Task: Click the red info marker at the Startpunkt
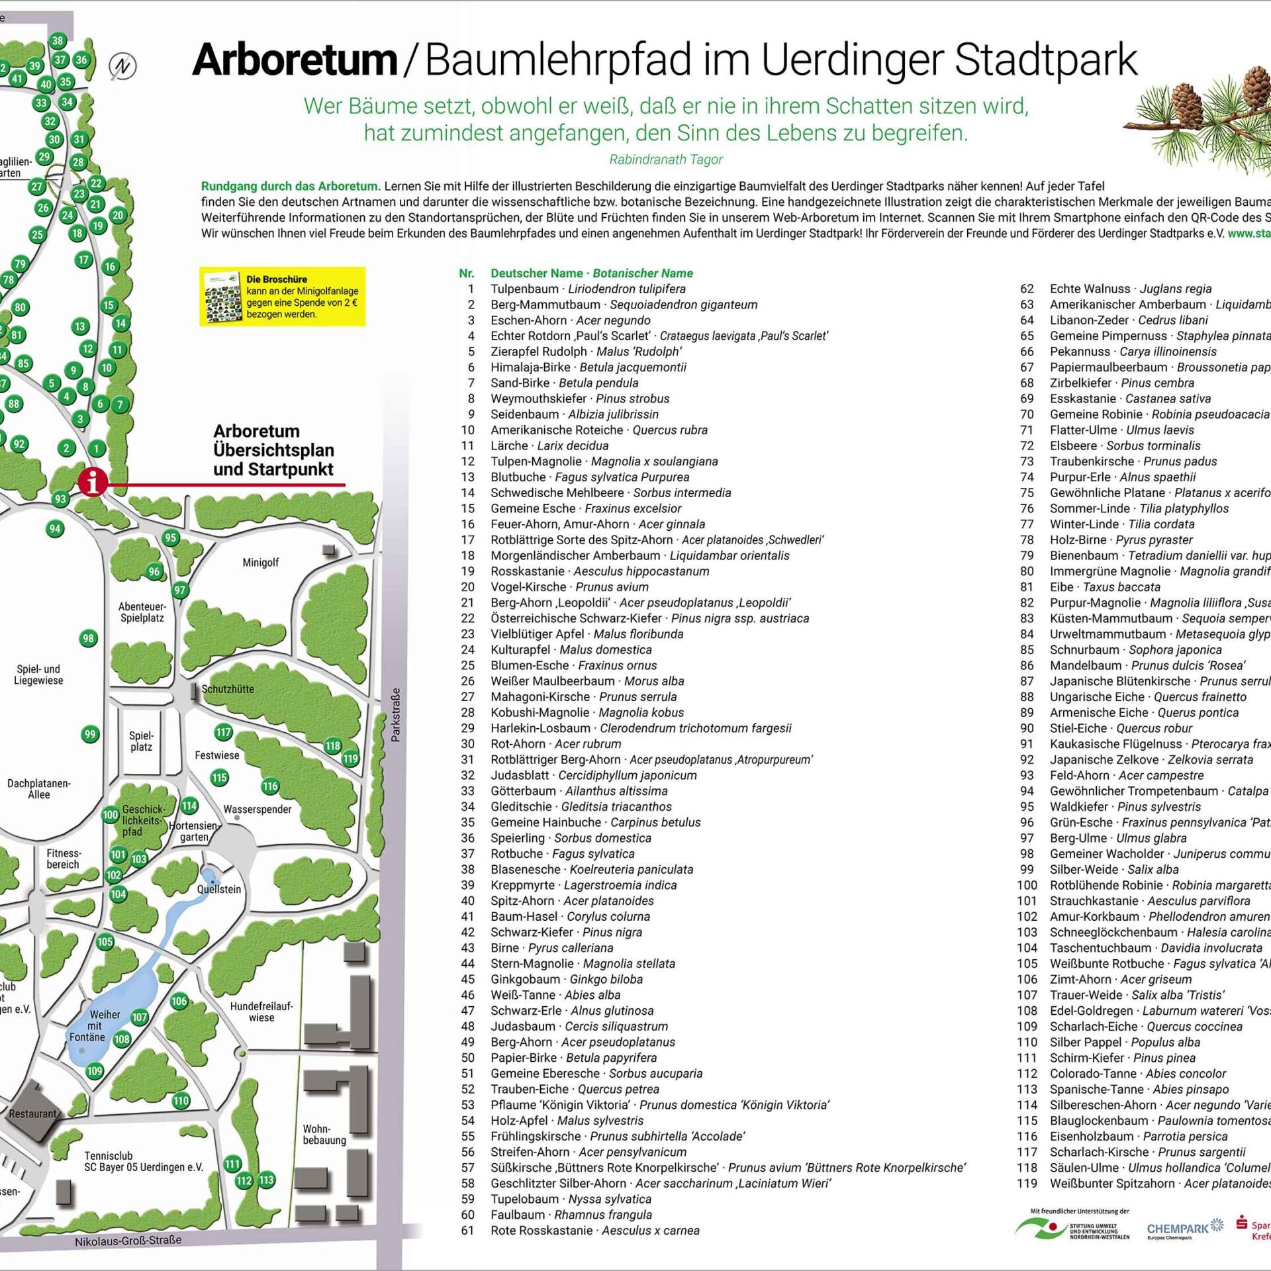coord(93,482)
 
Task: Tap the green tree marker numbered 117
coord(223,732)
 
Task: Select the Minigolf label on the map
coord(260,563)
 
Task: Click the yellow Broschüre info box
coord(283,297)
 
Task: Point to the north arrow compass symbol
coord(122,66)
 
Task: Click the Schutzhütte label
coord(227,689)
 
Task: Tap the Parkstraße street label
coord(395,715)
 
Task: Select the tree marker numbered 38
coord(58,41)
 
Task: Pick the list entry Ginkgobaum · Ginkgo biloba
coord(566,979)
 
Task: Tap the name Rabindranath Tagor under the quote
coord(665,160)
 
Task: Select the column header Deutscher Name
coord(537,273)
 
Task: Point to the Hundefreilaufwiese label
coord(261,1012)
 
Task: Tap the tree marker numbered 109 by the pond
coord(95,1071)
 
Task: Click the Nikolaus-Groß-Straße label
coord(128,1241)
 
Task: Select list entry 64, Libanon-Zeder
coord(1129,320)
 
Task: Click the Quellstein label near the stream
coord(219,889)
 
